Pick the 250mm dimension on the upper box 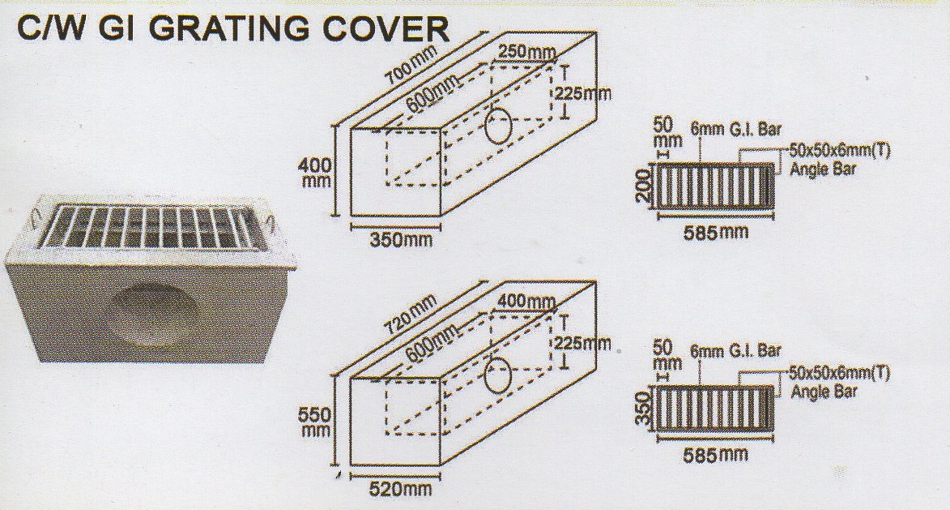[x=526, y=53]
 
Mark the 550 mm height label [x=314, y=422]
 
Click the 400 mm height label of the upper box [x=314, y=172]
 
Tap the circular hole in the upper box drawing [x=500, y=127]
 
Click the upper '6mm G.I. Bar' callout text [x=735, y=129]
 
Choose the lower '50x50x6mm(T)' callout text [x=840, y=374]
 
